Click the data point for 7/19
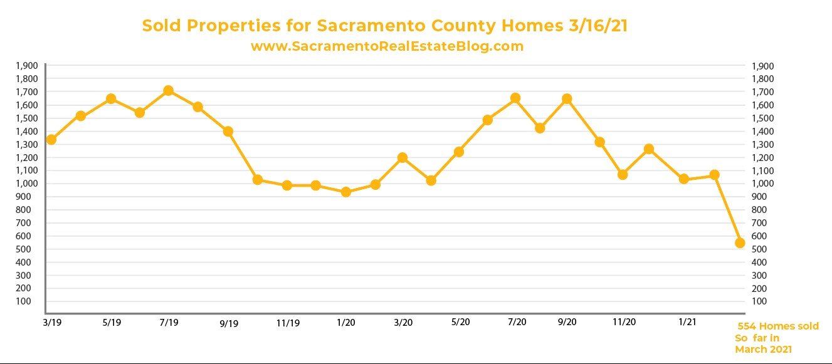(168, 91)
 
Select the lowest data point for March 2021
(739, 242)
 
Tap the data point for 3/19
(51, 139)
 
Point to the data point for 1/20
(345, 192)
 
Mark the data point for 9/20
(567, 98)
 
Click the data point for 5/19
(111, 98)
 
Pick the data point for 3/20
(403, 157)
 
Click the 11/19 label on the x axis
(287, 323)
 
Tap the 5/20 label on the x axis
(461, 322)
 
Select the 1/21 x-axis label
(687, 322)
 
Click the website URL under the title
(387, 46)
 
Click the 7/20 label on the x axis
(517, 322)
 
